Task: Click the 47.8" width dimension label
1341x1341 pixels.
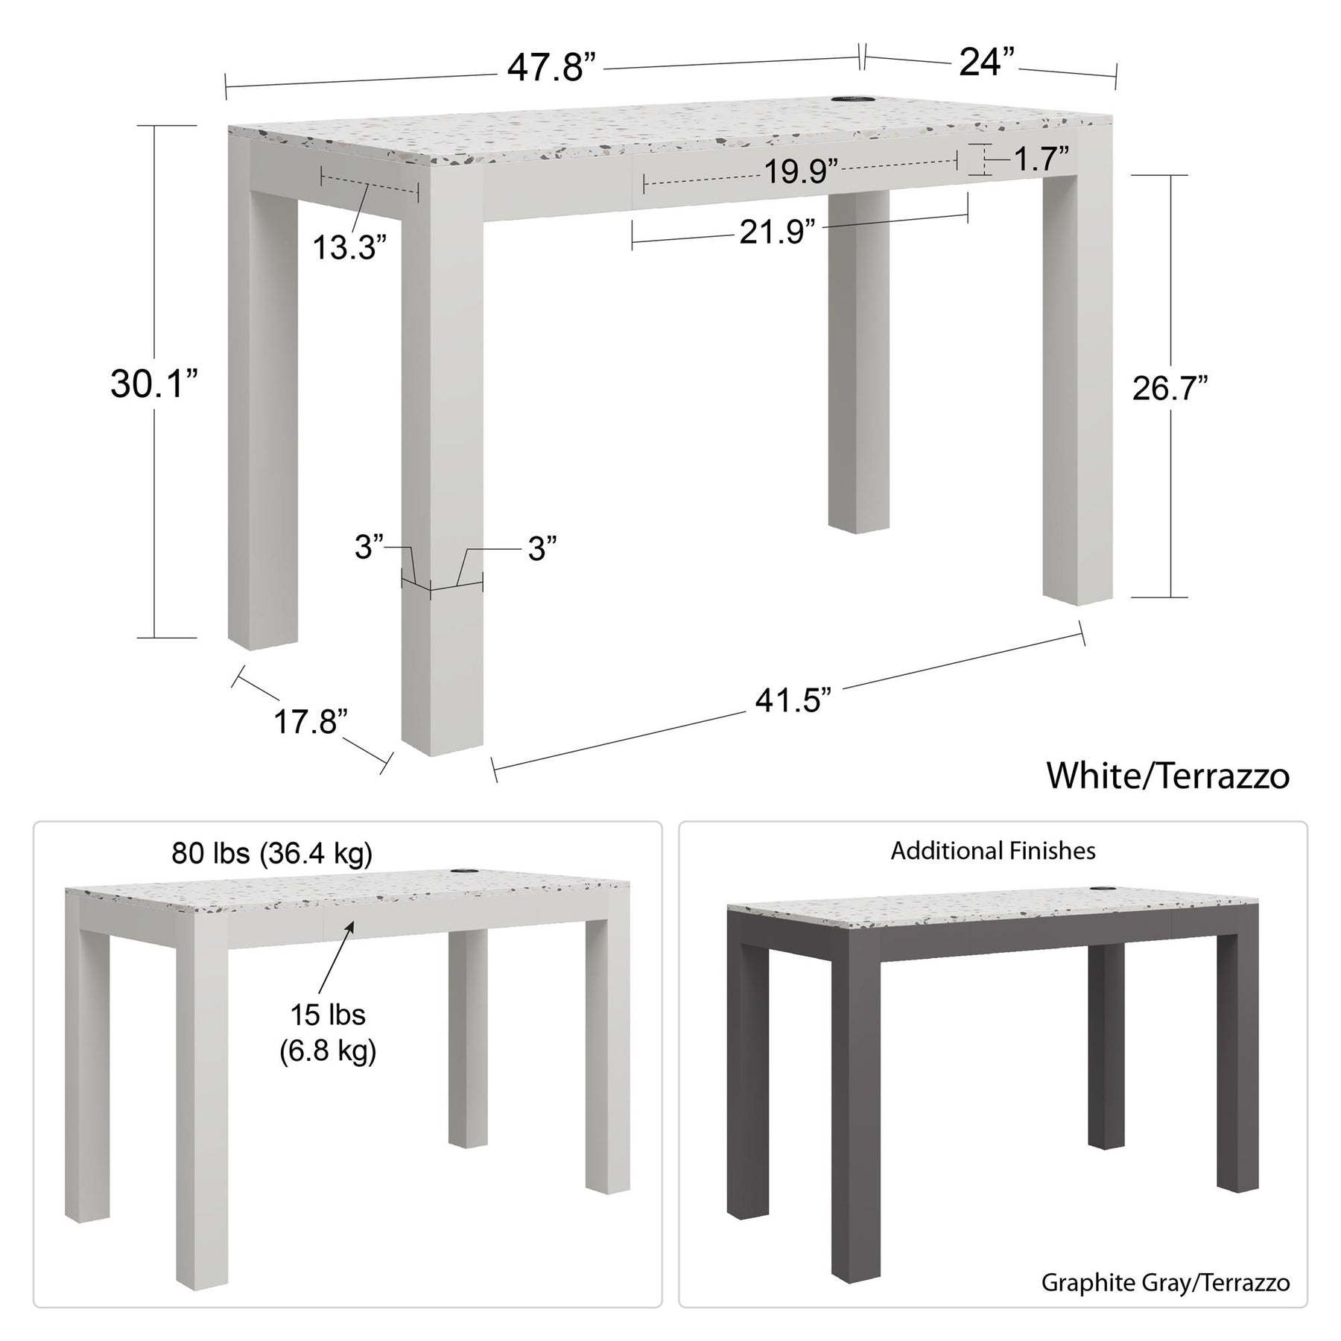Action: [x=552, y=69]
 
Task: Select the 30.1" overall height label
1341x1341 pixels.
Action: [x=155, y=384]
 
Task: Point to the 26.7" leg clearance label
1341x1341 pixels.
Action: [x=1170, y=387]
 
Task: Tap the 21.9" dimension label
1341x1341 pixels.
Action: [x=776, y=232]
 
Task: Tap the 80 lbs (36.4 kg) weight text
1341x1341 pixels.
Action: [x=272, y=854]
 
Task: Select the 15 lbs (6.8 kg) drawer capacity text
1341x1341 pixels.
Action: [x=328, y=1033]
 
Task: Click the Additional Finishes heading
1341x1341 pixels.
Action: [x=993, y=851]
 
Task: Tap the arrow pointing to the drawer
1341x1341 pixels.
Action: [x=337, y=957]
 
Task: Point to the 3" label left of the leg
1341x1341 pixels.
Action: [x=369, y=548]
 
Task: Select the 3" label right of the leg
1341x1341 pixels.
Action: [x=542, y=549]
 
